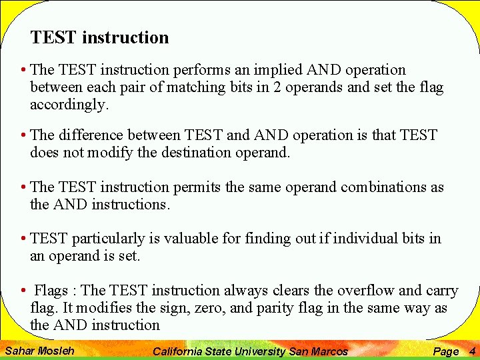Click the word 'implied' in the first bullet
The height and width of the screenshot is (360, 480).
coord(279,70)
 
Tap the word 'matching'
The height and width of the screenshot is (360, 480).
coord(194,87)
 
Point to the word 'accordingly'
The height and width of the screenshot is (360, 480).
coord(68,105)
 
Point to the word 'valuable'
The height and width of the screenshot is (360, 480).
coord(190,239)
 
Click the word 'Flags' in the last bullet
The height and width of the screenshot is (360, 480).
coord(51,291)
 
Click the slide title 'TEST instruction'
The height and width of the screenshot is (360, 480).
coord(99,38)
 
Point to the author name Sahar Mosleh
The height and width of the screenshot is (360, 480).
coord(39,351)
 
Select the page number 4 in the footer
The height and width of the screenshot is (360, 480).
coord(472,351)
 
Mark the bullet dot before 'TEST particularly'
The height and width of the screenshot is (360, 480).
coord(23,239)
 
